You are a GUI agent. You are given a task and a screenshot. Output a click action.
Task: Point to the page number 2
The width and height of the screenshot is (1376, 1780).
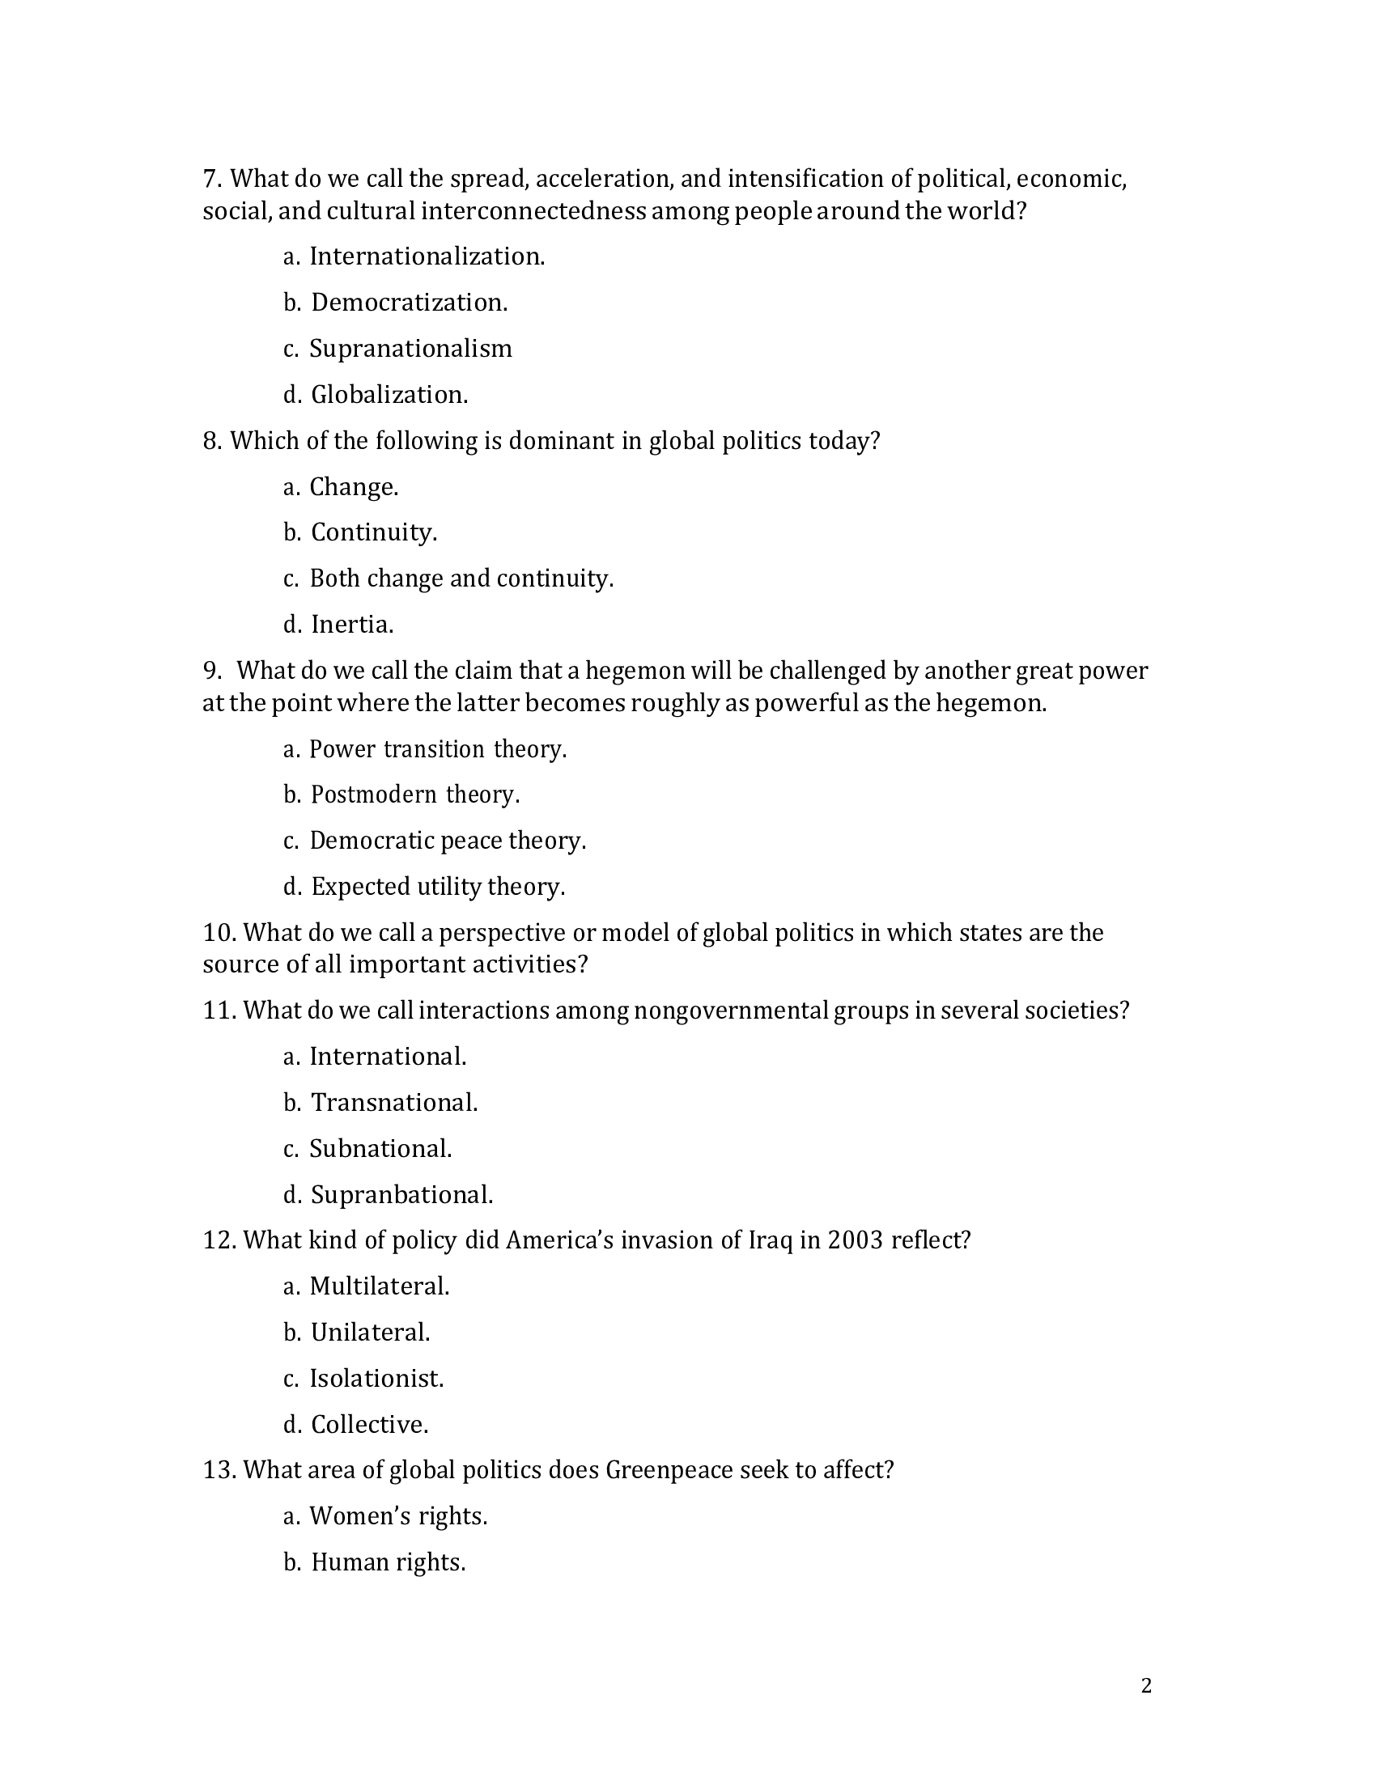(x=1146, y=1686)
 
